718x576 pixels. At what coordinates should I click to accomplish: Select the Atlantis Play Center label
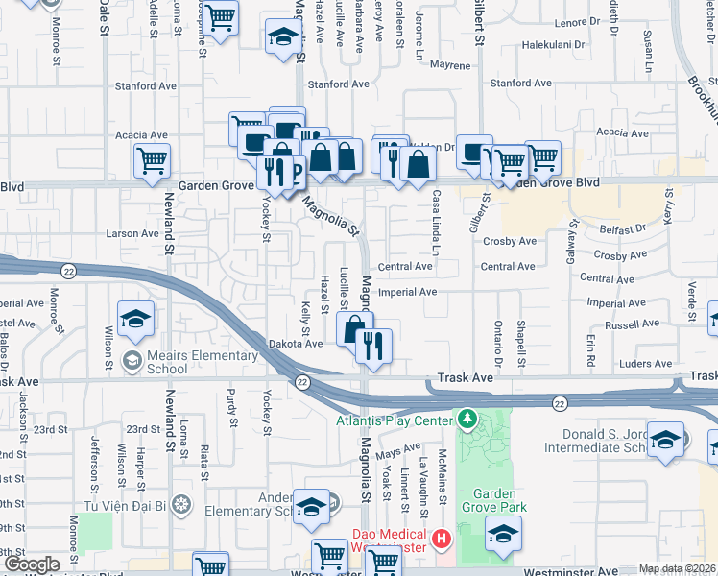[394, 420]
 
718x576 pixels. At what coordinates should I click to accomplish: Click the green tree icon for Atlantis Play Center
[467, 419]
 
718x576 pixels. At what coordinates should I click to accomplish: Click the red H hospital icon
[442, 539]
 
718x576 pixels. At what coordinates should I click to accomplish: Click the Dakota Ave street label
[301, 344]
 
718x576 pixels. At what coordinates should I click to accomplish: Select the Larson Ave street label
[132, 233]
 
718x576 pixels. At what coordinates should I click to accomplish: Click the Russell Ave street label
[632, 324]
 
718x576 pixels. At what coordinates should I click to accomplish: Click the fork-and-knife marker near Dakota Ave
[373, 346]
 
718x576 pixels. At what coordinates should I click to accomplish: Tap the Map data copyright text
[677, 568]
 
